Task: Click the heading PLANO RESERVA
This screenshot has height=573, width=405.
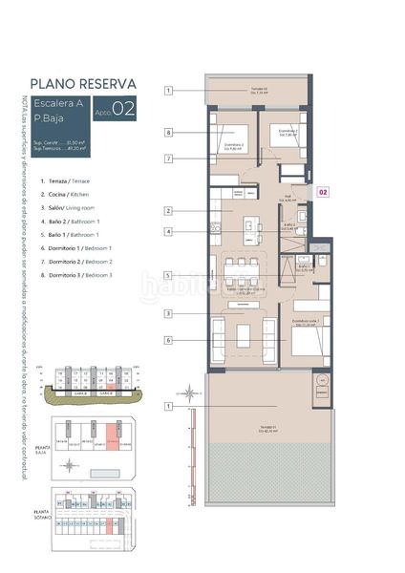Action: click(82, 83)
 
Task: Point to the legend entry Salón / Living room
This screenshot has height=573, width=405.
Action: click(73, 207)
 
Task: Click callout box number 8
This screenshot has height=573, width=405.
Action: click(168, 133)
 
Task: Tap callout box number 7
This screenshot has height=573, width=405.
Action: click(168, 159)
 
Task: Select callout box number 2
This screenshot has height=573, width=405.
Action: click(168, 210)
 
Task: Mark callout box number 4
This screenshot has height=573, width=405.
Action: click(168, 231)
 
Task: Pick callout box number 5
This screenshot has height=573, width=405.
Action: click(168, 275)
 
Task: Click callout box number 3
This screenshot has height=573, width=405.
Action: click(168, 313)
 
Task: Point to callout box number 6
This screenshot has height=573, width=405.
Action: click(168, 339)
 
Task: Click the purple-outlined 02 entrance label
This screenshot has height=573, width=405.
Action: click(323, 192)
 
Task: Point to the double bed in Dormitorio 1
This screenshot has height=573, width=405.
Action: click(308, 337)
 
